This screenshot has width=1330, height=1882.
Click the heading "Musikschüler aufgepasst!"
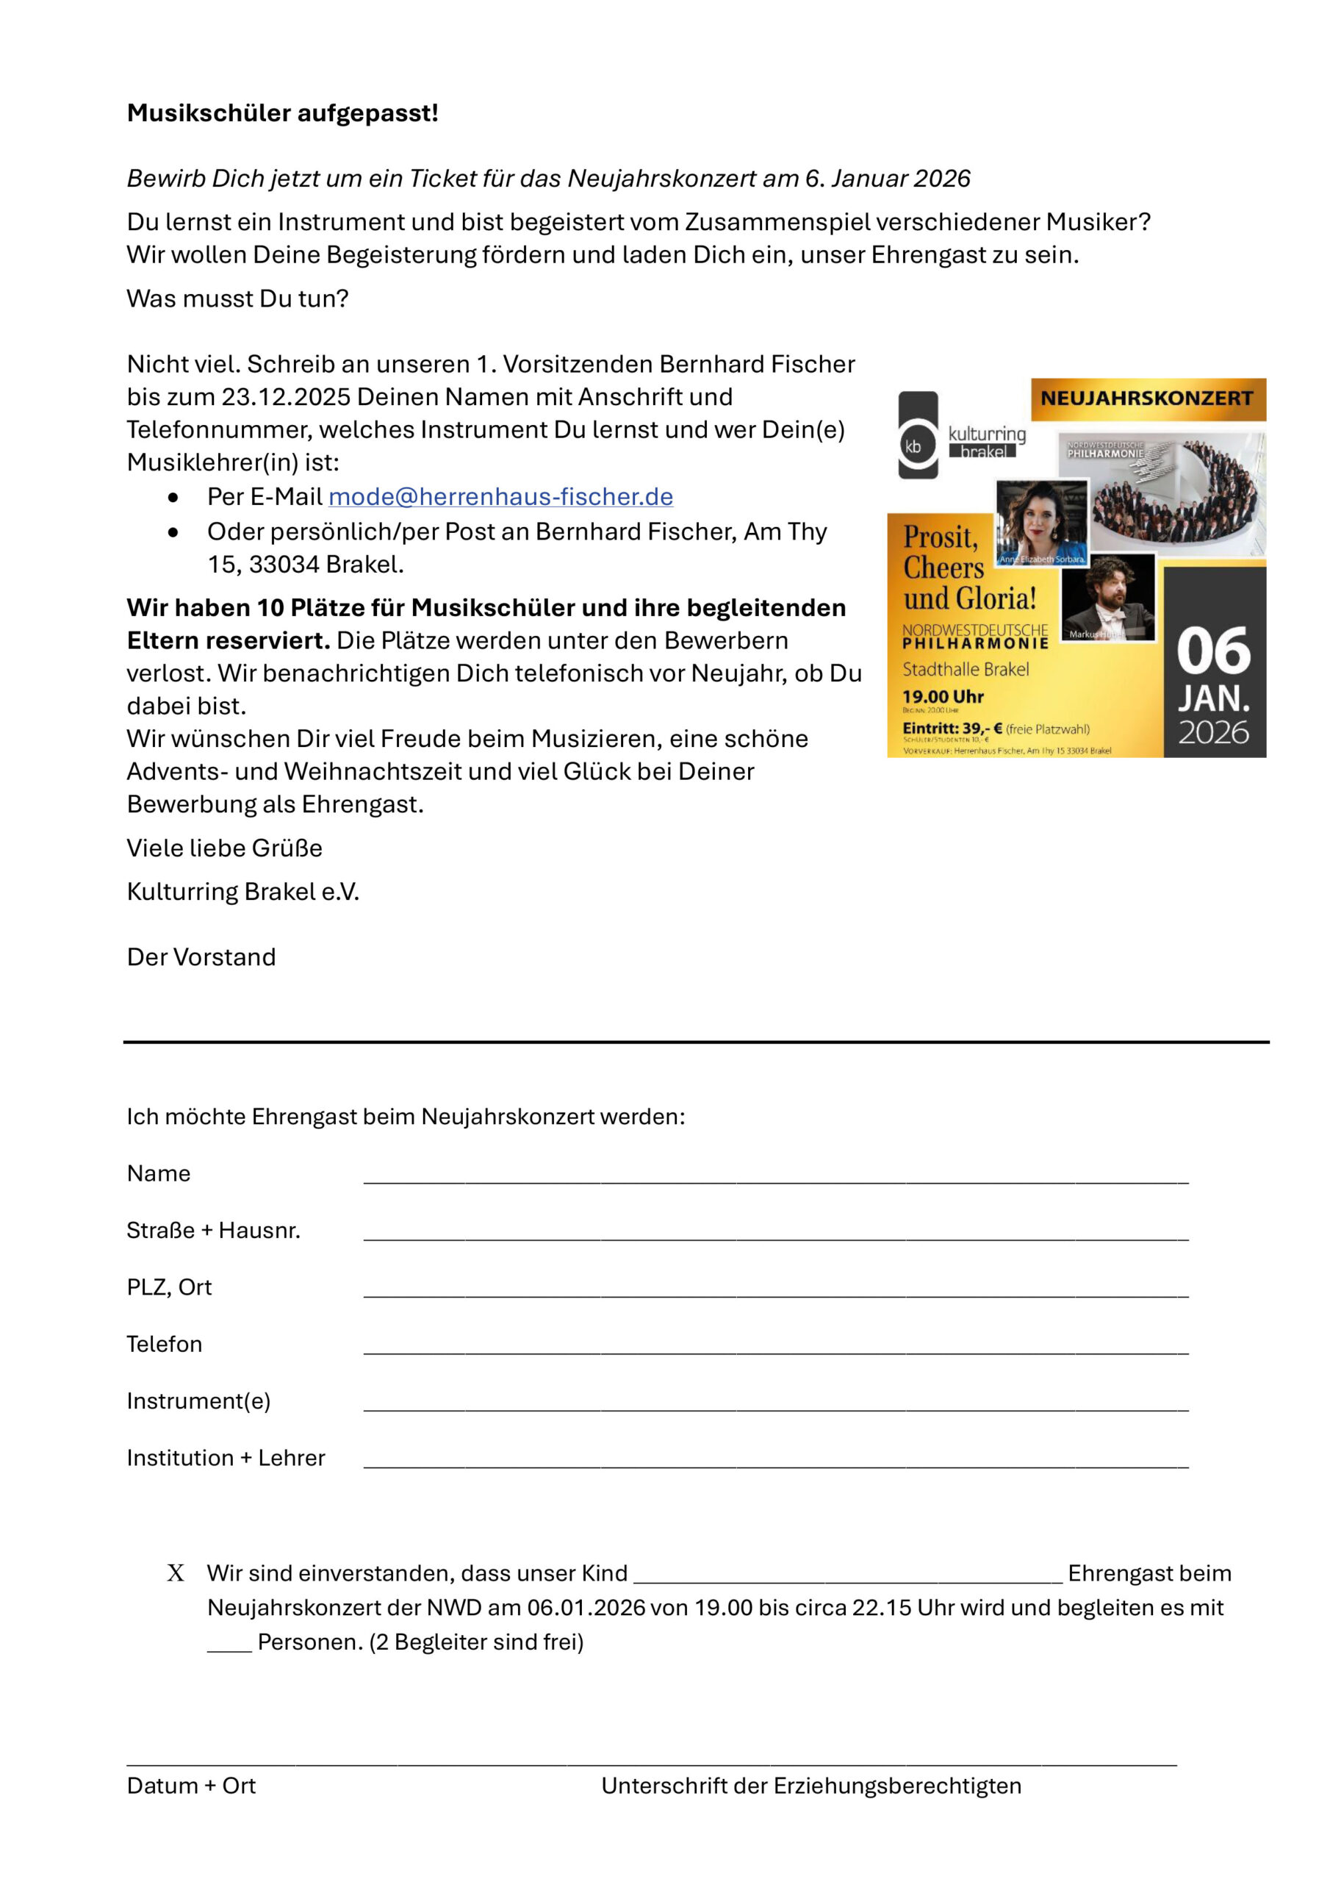coord(283,113)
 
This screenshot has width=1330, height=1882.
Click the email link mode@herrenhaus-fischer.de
coord(500,497)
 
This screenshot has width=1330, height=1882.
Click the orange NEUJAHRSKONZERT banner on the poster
coord(1147,399)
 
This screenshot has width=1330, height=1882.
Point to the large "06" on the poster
coord(1214,651)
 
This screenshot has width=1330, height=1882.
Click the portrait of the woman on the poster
coord(1041,522)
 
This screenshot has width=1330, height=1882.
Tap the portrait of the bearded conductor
coord(1108,596)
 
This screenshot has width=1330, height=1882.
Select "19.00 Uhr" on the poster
coord(943,697)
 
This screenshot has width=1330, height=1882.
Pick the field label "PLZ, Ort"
coord(169,1288)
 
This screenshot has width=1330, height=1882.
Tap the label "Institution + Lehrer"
coord(226,1459)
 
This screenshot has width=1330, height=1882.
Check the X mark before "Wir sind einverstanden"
coord(176,1573)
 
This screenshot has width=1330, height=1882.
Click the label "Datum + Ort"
coord(191,1786)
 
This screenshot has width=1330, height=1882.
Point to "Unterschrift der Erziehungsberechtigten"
coord(811,1786)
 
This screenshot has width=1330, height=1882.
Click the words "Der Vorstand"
coord(201,956)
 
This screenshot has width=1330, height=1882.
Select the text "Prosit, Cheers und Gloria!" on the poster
coord(968,568)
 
